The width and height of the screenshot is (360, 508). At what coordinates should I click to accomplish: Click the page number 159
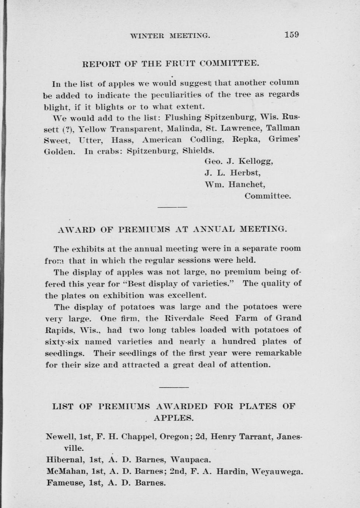point(291,35)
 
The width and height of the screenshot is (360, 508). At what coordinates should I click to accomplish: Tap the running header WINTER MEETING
point(170,36)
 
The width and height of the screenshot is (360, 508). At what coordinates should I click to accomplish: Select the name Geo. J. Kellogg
point(238,161)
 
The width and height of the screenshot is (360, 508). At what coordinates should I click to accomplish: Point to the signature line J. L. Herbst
point(232,173)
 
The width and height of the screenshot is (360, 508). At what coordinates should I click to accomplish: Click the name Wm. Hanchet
point(235,184)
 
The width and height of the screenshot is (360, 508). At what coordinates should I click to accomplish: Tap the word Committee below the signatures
point(268,196)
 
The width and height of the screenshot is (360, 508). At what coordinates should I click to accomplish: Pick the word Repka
point(247,140)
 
